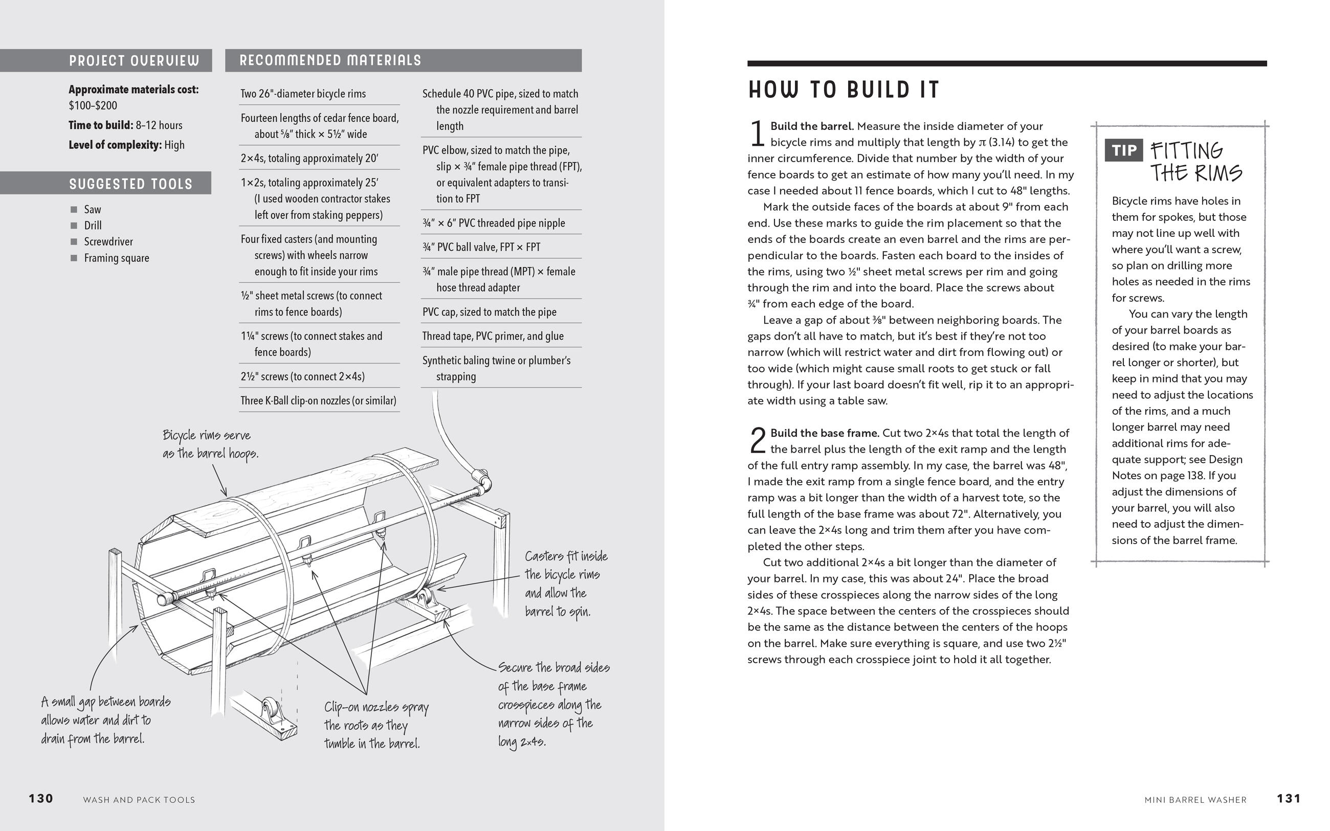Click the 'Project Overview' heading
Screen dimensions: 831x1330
tap(134, 60)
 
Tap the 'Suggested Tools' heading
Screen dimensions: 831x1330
tap(131, 184)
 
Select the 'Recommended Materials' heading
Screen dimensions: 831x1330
tap(330, 60)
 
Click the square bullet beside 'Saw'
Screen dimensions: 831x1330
tap(74, 209)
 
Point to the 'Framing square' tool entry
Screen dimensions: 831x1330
tap(117, 258)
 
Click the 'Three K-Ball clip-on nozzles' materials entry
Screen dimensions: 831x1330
tap(318, 400)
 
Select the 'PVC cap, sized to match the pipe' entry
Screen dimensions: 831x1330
tap(489, 312)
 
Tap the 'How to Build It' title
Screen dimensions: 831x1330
tap(844, 90)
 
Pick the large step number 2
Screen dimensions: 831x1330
tap(757, 440)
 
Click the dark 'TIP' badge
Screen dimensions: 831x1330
tap(1123, 150)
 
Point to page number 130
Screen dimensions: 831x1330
tap(41, 799)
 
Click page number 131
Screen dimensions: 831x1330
tap(1289, 799)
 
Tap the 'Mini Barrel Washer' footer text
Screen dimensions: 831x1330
tap(1195, 800)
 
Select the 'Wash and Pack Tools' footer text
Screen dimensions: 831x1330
tap(139, 800)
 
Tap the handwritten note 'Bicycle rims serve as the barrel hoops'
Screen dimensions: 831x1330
tap(210, 444)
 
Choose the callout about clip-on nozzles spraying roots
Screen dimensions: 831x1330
tap(376, 725)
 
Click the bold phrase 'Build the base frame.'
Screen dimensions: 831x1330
tap(825, 433)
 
